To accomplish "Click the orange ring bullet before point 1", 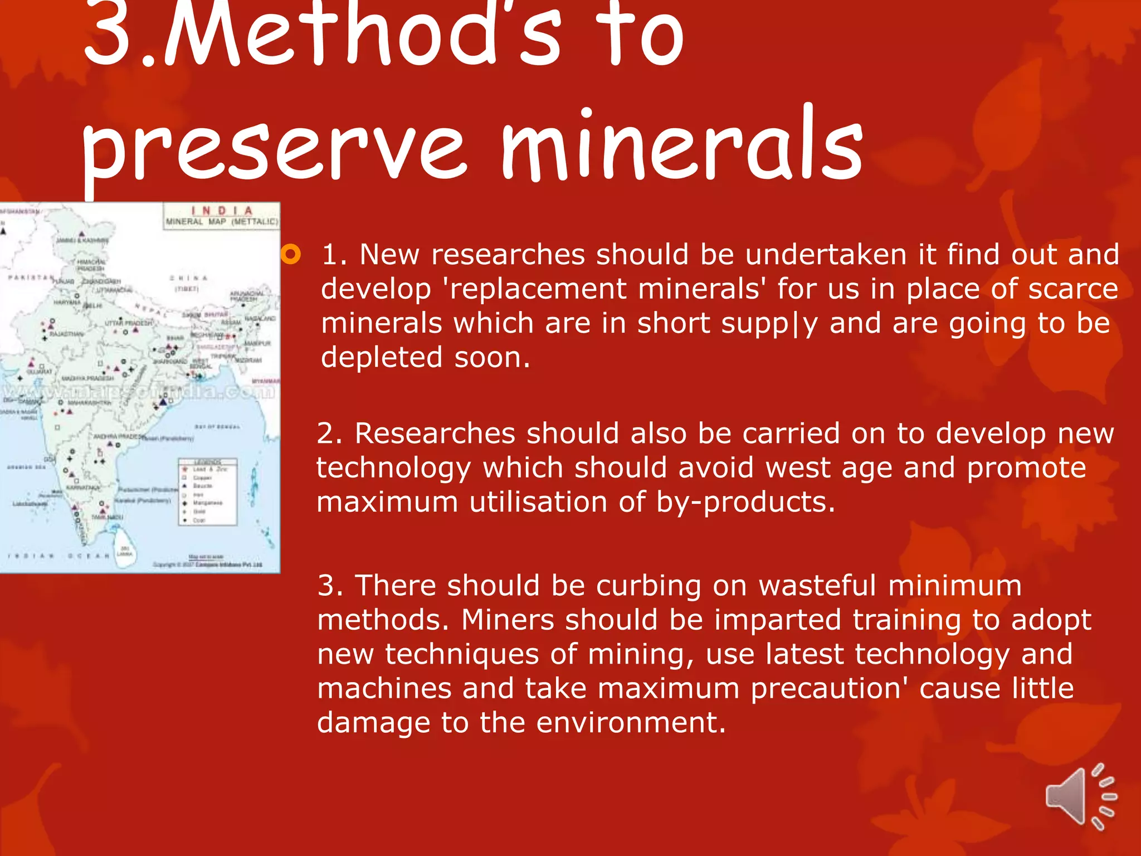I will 291,255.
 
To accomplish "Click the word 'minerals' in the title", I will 681,146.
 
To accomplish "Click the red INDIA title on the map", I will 222,211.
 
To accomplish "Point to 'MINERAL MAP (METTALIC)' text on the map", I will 222,222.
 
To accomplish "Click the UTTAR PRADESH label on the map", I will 129,323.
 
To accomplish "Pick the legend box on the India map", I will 208,492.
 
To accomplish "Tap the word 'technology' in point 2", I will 393,468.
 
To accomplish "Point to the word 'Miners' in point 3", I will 507,620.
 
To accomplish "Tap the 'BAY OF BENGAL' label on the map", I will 217,427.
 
